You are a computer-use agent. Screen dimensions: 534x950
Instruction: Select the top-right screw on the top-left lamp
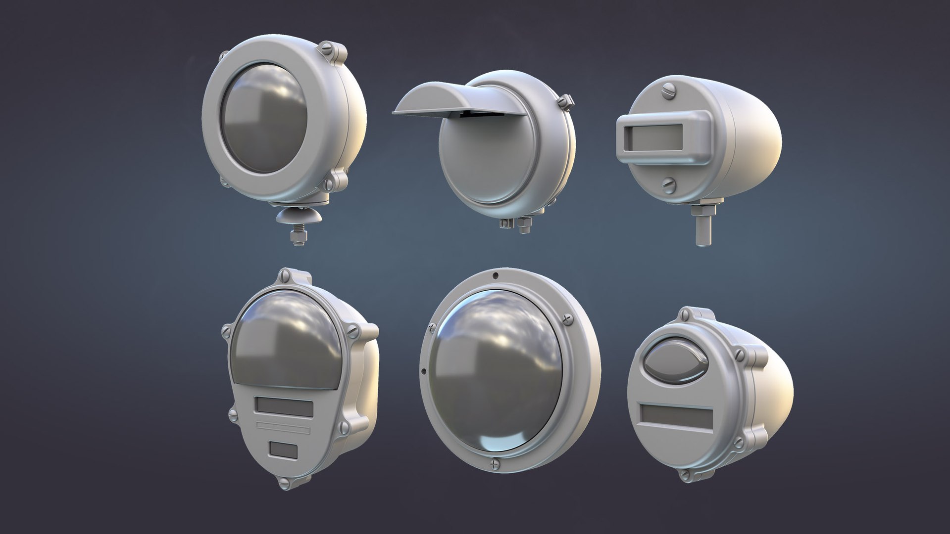click(x=328, y=48)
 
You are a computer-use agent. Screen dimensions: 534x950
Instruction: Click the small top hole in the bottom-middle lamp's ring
click(x=496, y=273)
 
